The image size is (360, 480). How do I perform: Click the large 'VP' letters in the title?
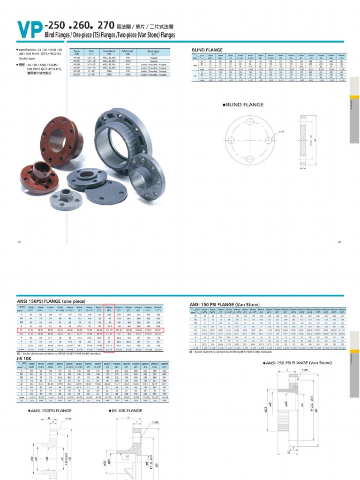28,29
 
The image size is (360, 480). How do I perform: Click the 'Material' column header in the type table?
127,52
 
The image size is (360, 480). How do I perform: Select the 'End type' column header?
153,52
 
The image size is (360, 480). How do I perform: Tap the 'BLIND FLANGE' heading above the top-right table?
207,49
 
